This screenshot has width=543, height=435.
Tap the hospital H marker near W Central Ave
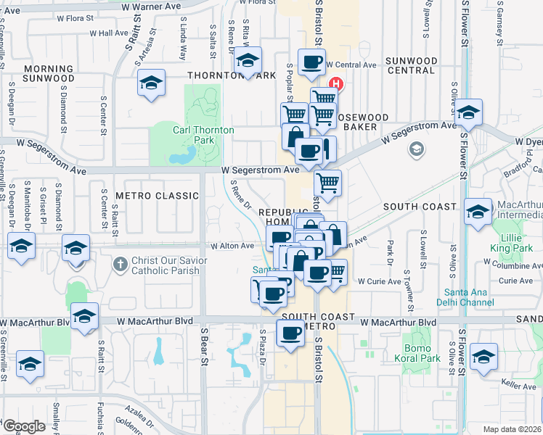coord(337,84)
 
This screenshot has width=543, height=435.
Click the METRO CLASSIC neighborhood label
coord(157,196)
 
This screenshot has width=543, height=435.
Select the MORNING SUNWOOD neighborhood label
coord(49,73)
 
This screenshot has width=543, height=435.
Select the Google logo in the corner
coord(24,426)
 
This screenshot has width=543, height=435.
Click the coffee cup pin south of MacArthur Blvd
coord(290,333)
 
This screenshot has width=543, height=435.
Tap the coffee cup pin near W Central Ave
coord(311,62)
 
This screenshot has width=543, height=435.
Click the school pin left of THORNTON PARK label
coord(151,83)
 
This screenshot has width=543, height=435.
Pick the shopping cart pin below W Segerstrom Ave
coord(328,183)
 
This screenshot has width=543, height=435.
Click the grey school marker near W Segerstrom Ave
coord(417,149)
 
